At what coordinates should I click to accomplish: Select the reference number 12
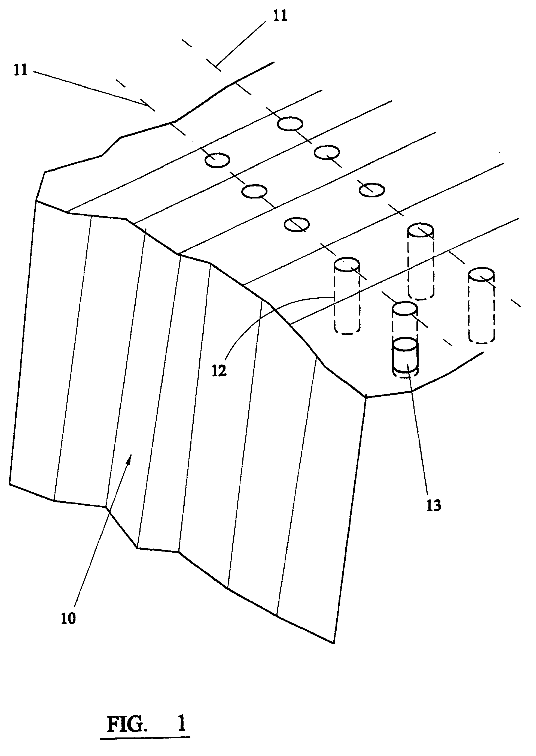coord(219,371)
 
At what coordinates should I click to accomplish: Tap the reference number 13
coord(434,505)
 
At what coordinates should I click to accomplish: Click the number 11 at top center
coord(280,16)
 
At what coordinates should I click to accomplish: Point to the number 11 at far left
coord(21,70)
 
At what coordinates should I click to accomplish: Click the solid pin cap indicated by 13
coord(405,345)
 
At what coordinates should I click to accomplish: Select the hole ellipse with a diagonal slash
coord(297,224)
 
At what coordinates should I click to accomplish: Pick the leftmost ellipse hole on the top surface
coord(217,160)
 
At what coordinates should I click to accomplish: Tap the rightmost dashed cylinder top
coord(481,275)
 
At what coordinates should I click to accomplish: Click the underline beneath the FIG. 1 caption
coord(145,746)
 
